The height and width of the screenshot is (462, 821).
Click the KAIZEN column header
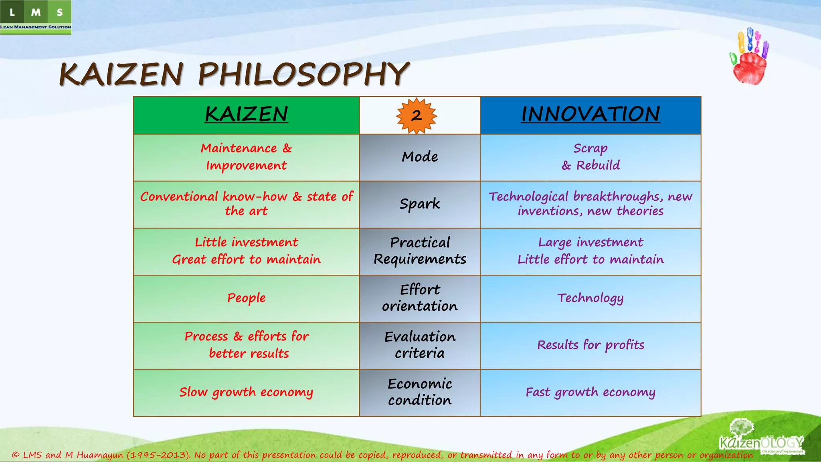(246, 115)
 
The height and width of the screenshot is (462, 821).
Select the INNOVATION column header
(590, 115)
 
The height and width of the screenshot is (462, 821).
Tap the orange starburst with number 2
(416, 116)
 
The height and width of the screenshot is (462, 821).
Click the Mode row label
(420, 157)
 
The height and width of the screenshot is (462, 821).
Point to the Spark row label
(420, 204)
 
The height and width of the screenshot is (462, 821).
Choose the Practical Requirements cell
(420, 251)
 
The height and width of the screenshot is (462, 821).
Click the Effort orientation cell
(420, 298)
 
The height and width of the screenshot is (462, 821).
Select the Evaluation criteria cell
(420, 345)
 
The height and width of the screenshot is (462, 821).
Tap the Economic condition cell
(420, 392)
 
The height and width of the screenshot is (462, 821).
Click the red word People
(246, 298)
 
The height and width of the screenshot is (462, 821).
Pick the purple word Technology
(590, 298)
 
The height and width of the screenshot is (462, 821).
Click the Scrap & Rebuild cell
(590, 157)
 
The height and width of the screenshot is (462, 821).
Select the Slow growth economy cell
(246, 392)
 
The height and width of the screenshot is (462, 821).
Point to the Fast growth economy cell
(590, 392)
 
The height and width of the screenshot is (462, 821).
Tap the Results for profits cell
(590, 345)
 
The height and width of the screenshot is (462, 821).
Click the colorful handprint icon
(749, 57)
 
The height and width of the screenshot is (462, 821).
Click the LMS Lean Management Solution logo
(36, 17)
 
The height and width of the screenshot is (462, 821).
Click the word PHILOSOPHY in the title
(303, 75)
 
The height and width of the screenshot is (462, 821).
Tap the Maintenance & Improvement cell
(246, 157)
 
